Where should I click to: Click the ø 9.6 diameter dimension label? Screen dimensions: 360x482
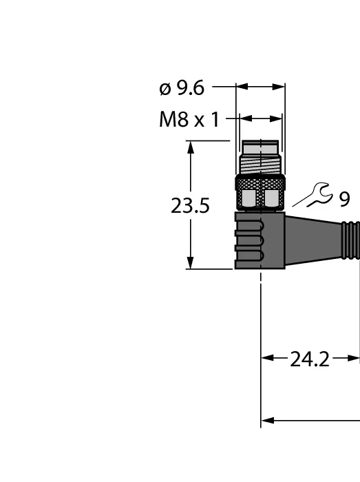pos(182,89)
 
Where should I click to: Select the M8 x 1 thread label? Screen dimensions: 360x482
pos(189,120)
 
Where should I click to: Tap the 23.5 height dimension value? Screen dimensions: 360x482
pos(190,206)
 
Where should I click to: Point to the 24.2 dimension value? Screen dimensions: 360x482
pos(309,359)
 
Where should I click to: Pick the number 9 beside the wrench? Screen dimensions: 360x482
pos(345,199)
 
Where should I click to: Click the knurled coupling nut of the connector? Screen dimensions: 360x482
pos(260,193)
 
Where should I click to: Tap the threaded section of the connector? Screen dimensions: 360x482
pos(260,166)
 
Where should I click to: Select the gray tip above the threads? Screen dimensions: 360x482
pos(260,149)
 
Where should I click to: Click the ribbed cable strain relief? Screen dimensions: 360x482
pos(350,240)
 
